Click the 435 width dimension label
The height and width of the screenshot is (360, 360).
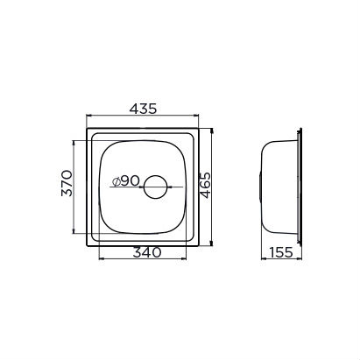pos(143,109)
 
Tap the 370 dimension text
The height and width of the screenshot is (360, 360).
pos(67,183)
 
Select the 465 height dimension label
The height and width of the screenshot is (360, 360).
pos(205,185)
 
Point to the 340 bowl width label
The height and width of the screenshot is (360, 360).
pos(147,252)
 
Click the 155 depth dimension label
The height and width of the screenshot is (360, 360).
pos(280,252)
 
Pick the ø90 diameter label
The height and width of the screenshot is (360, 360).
pos(126,181)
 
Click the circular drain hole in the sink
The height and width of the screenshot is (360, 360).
pos(155,187)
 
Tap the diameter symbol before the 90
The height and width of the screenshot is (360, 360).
pos(116,182)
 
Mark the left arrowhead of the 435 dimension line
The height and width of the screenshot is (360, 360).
pos(88,116)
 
